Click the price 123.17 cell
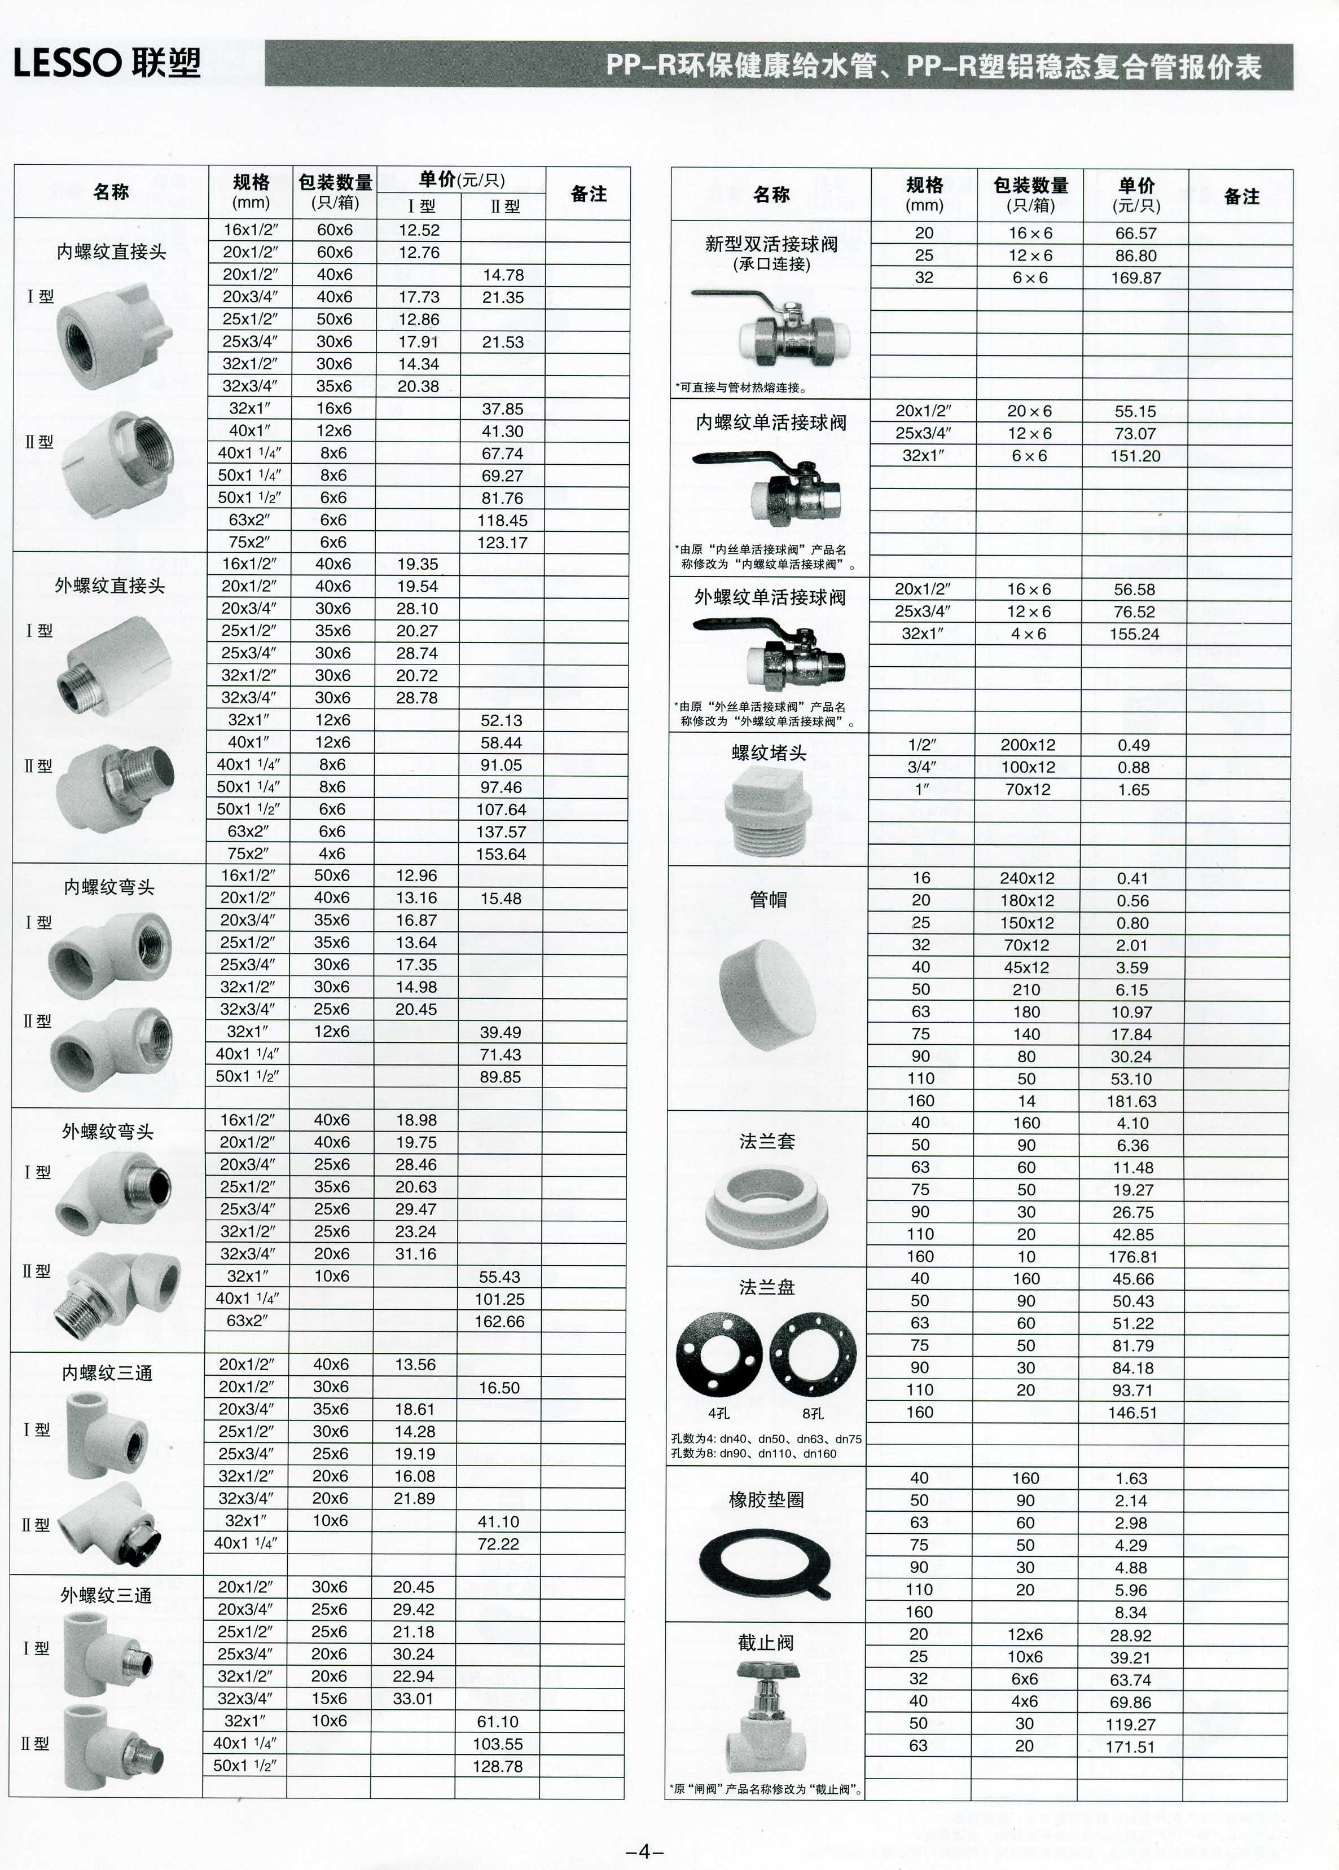pyautogui.click(x=502, y=542)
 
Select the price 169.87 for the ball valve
pyautogui.click(x=1135, y=278)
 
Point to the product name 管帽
pyautogui.click(x=767, y=900)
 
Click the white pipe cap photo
pyautogui.click(x=767, y=995)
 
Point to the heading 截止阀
pyautogui.click(x=766, y=1643)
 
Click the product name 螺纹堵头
pyautogui.click(x=769, y=753)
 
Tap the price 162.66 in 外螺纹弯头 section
pyautogui.click(x=499, y=1321)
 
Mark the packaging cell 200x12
pyautogui.click(x=1028, y=745)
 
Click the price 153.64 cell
pyautogui.click(x=501, y=854)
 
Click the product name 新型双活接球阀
pyautogui.click(x=771, y=244)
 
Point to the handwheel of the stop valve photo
pyautogui.click(x=766, y=1671)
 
